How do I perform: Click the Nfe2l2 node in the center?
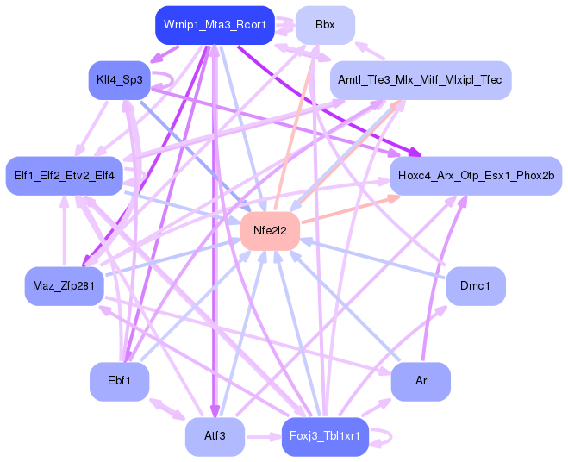pyautogui.click(x=270, y=231)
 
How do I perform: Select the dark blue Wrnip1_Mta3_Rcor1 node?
pyautogui.click(x=215, y=25)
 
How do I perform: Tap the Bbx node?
pyautogui.click(x=325, y=25)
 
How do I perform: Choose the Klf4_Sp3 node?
pyautogui.click(x=120, y=79)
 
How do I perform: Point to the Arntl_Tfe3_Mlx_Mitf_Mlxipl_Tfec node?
pyautogui.click(x=420, y=79)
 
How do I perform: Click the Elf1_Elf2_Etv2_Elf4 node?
pyautogui.click(x=65, y=176)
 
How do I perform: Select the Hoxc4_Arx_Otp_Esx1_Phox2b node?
pyautogui.click(x=476, y=176)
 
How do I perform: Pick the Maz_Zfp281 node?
pyautogui.click(x=65, y=285)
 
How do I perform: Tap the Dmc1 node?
pyautogui.click(x=476, y=285)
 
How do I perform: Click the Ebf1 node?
pyautogui.click(x=120, y=381)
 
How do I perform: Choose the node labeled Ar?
pyautogui.click(x=421, y=381)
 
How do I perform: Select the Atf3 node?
pyautogui.click(x=215, y=436)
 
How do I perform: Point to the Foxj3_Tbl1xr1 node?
pyautogui.click(x=325, y=436)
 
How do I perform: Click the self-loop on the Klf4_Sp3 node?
pyautogui.click(x=169, y=79)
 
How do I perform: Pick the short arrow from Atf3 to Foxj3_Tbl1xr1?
pyautogui.click(x=262, y=436)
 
